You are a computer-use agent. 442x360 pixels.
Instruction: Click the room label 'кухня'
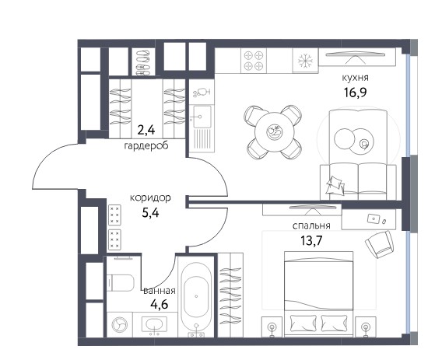355,78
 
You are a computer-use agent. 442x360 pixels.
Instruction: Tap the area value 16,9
355,92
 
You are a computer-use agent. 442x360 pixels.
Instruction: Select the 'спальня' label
311,225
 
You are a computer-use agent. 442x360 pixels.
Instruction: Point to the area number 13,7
311,240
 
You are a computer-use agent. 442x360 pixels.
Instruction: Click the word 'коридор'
150,198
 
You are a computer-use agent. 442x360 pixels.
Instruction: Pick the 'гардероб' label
146,145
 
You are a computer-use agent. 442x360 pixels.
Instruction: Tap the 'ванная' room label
160,291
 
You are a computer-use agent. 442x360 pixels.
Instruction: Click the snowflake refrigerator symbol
305,61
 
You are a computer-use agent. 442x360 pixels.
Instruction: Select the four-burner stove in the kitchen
254,61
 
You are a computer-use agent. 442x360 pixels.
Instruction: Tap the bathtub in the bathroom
196,295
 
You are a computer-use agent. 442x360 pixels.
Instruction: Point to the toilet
121,283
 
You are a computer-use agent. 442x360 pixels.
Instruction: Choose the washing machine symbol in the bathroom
120,324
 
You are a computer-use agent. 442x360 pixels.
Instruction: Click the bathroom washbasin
154,324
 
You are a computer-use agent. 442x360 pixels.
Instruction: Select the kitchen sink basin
200,117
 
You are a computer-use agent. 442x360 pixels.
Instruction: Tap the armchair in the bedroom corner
379,244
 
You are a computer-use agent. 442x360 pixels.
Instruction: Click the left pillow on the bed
303,323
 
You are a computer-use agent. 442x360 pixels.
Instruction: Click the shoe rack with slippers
143,62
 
